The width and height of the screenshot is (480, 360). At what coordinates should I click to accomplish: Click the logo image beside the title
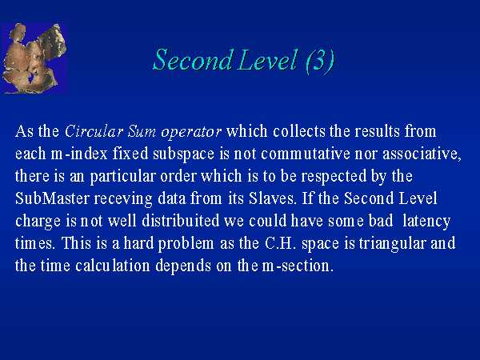(x=34, y=58)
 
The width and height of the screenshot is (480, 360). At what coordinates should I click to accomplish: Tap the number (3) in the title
(x=320, y=61)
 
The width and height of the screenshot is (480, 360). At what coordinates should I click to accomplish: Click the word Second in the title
(x=192, y=60)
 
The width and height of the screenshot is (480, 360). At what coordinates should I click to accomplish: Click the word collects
(x=299, y=131)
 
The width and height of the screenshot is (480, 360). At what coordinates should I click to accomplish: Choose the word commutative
(x=306, y=154)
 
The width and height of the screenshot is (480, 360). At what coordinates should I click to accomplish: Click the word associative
(x=422, y=154)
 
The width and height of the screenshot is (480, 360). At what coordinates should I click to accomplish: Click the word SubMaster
(x=52, y=198)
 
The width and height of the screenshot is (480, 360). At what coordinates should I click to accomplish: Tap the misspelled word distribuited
(x=181, y=221)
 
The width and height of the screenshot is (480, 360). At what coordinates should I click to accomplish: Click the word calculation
(x=113, y=266)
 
